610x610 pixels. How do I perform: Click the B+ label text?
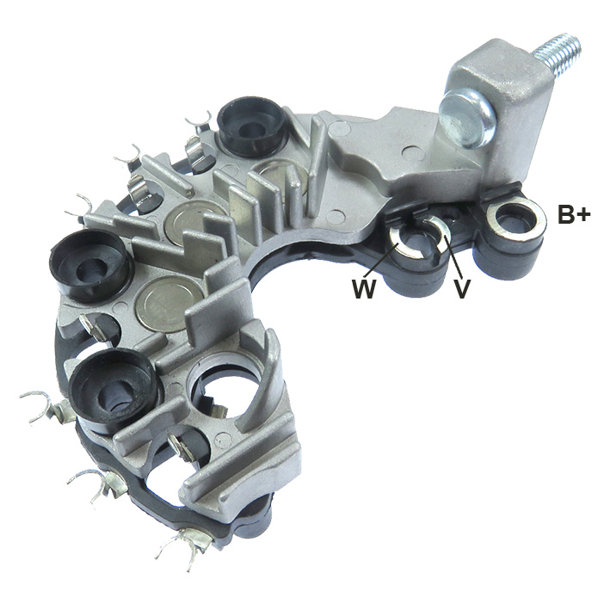coord(574,215)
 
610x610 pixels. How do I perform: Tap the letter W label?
coord(363,289)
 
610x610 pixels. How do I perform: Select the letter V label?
coord(462,289)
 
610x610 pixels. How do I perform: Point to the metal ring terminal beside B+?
coord(514,219)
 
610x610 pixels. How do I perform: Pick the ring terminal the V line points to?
coord(434,233)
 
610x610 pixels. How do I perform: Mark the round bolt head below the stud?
coord(465,117)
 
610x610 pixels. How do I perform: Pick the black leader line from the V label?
coord(449,257)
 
